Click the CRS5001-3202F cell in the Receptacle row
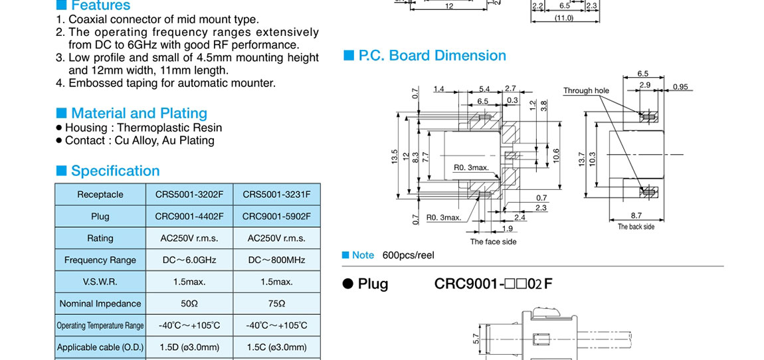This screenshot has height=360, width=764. pyautogui.click(x=189, y=195)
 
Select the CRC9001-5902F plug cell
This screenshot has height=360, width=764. pyautogui.click(x=276, y=217)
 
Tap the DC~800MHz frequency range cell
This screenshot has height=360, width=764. pyautogui.click(x=276, y=260)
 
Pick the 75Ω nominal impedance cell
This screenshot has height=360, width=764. pyautogui.click(x=276, y=304)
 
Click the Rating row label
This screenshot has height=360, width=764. pyautogui.click(x=100, y=238)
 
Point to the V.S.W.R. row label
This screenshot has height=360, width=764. pyautogui.click(x=100, y=282)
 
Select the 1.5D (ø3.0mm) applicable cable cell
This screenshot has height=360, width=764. pyautogui.click(x=189, y=347)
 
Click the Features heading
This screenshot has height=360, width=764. pyautogui.click(x=100, y=6)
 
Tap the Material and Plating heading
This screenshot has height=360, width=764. pyautogui.click(x=139, y=114)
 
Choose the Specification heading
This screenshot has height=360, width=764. pyautogui.click(x=115, y=171)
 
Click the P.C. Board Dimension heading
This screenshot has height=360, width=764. pyautogui.click(x=432, y=56)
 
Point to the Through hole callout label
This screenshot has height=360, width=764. pyautogui.click(x=586, y=90)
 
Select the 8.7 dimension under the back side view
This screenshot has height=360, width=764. pyautogui.click(x=636, y=216)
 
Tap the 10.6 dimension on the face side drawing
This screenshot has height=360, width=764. pyautogui.click(x=556, y=155)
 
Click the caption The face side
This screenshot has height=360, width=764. pyautogui.click(x=493, y=242)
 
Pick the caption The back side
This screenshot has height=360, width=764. pyautogui.click(x=636, y=226)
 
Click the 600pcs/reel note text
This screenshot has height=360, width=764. pyautogui.click(x=408, y=256)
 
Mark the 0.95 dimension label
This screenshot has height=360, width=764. pyautogui.click(x=680, y=87)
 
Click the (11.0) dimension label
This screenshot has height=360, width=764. pyautogui.click(x=564, y=18)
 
